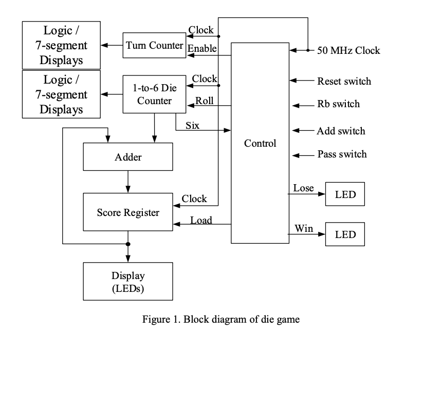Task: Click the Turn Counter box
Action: [154, 45]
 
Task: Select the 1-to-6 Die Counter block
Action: [154, 94]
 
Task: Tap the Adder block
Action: [128, 157]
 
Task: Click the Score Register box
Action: [128, 212]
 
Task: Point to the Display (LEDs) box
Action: [128, 282]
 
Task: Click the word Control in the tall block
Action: [260, 143]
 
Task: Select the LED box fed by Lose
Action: [345, 194]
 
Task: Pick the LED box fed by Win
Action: [345, 234]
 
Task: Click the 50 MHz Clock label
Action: [348, 50]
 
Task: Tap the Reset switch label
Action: [344, 81]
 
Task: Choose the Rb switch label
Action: [338, 104]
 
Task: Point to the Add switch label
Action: [341, 131]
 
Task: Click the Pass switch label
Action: [342, 154]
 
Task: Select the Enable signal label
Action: [202, 48]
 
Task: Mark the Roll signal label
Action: [204, 100]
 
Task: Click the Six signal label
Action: [192, 125]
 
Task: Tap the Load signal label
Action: [201, 220]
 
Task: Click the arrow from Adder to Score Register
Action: [128, 182]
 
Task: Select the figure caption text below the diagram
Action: [221, 319]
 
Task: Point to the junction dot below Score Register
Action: [128, 244]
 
